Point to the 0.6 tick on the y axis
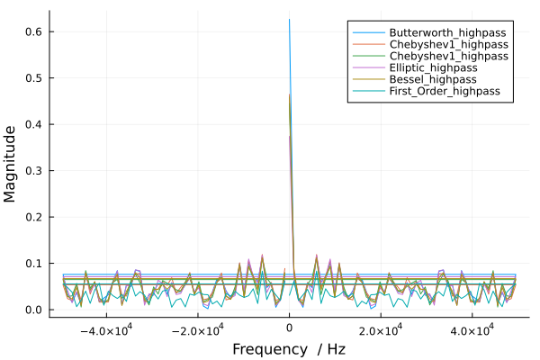click(33, 31)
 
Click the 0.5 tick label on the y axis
click(33, 78)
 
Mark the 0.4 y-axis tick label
click(33, 124)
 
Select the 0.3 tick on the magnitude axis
click(33, 171)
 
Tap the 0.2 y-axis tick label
click(33, 217)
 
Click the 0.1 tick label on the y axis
click(33, 264)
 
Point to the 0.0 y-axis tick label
click(33, 310)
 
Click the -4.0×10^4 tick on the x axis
click(105, 330)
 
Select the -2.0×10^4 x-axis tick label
click(197, 330)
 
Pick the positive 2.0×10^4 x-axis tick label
click(381, 330)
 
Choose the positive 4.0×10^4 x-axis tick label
click(472, 330)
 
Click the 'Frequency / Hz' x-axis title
click(289, 348)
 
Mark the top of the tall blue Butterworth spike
click(289, 19)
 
